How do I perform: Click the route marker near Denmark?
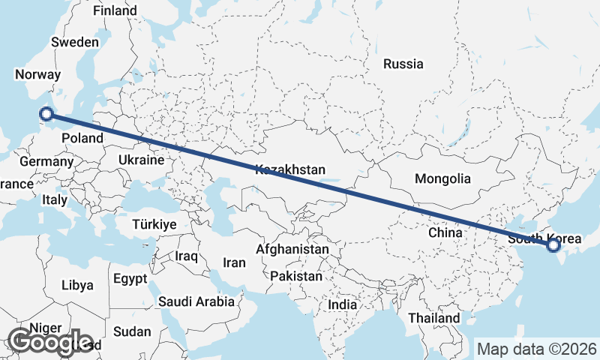46,114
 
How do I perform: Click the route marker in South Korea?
553,244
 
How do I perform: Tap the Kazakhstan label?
290,170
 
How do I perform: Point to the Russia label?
403,64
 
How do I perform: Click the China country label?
445,232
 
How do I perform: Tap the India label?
343,305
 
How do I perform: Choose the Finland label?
115,11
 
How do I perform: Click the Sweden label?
74,42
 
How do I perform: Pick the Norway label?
37,75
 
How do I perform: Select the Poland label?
82,138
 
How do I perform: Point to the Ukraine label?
140,160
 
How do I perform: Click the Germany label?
46,161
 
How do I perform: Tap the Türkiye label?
154,224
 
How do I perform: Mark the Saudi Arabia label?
196,301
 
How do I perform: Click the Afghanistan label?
292,249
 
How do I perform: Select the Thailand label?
434,318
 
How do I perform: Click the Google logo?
49,342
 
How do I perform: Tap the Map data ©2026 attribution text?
536,349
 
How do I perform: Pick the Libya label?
77,285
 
